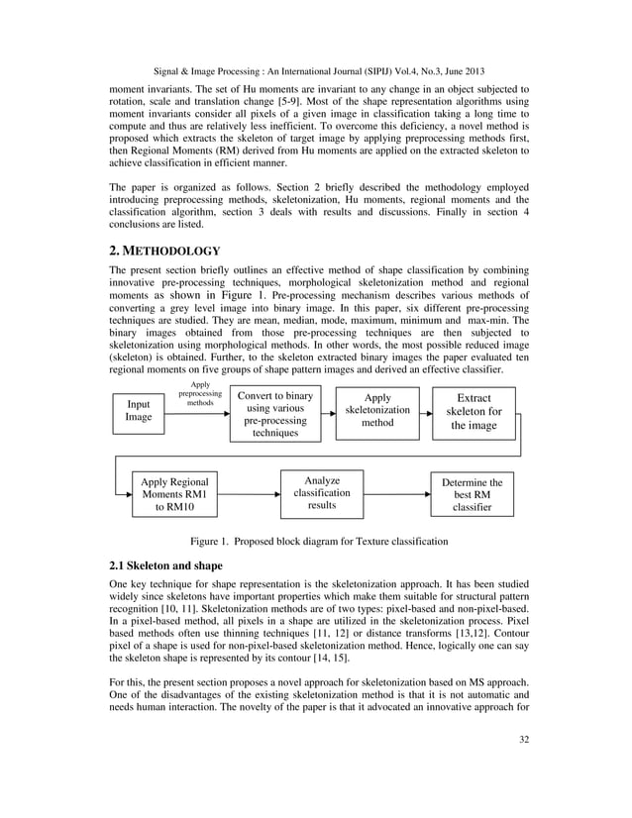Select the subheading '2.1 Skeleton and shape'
166,565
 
